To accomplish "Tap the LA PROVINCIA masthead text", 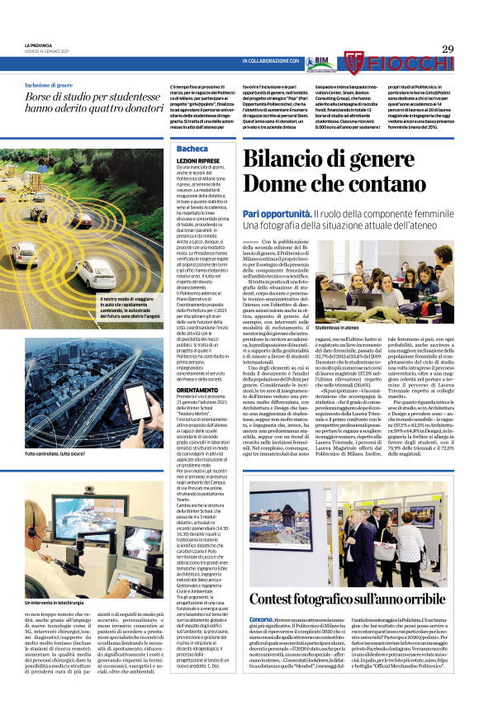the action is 38,45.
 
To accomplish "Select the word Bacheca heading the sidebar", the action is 192,149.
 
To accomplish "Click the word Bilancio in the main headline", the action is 306,159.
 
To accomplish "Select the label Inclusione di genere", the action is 58,85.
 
